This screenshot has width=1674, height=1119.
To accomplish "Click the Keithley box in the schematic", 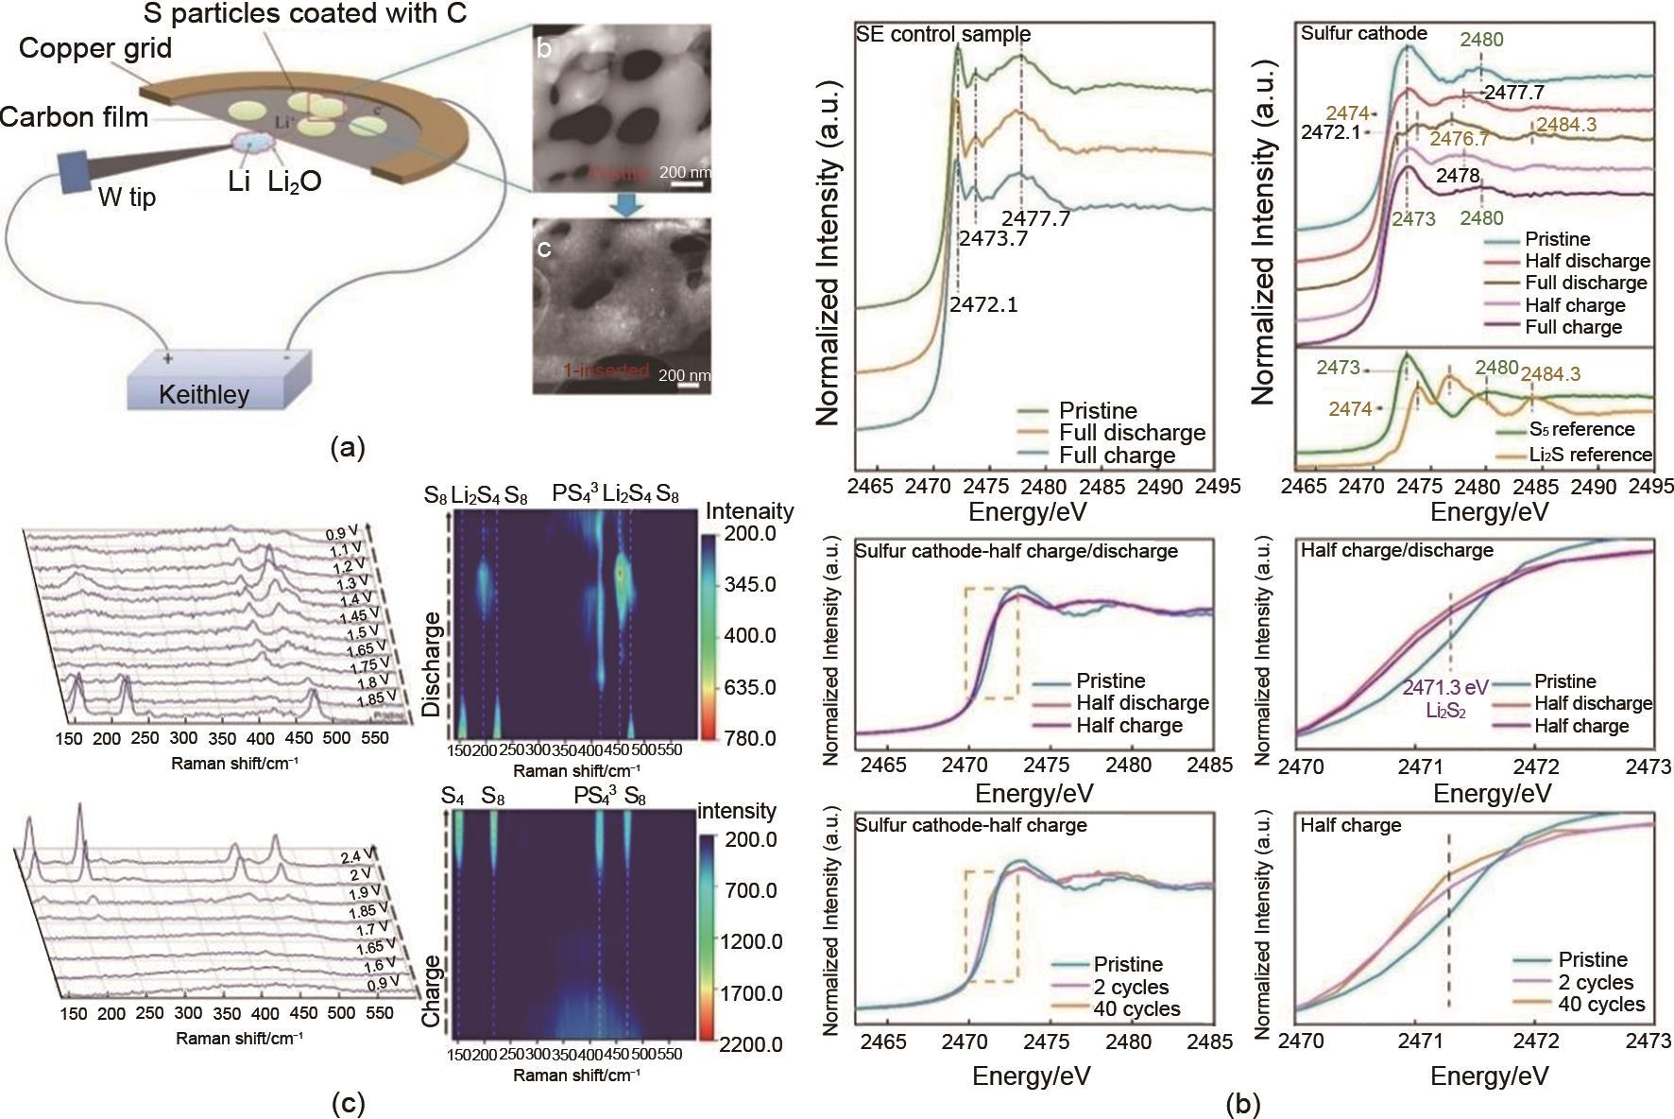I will (204, 392).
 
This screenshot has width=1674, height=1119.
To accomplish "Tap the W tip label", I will (128, 198).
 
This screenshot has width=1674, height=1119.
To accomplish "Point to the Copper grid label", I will (95, 49).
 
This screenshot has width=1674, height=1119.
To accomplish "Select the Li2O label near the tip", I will (295, 181).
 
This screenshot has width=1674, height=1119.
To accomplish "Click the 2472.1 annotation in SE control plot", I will (983, 304).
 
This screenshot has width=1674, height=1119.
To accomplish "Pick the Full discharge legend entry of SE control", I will (1132, 433).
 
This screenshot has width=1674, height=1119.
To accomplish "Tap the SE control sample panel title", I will (943, 35).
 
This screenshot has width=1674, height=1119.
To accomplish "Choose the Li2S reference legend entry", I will (1591, 454).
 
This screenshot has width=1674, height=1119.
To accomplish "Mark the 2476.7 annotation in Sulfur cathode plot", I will (1459, 138).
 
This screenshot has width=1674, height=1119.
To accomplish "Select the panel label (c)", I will (345, 1103).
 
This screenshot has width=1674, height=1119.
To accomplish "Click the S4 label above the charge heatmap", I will (453, 796).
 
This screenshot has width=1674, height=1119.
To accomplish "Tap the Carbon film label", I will (75, 117).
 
